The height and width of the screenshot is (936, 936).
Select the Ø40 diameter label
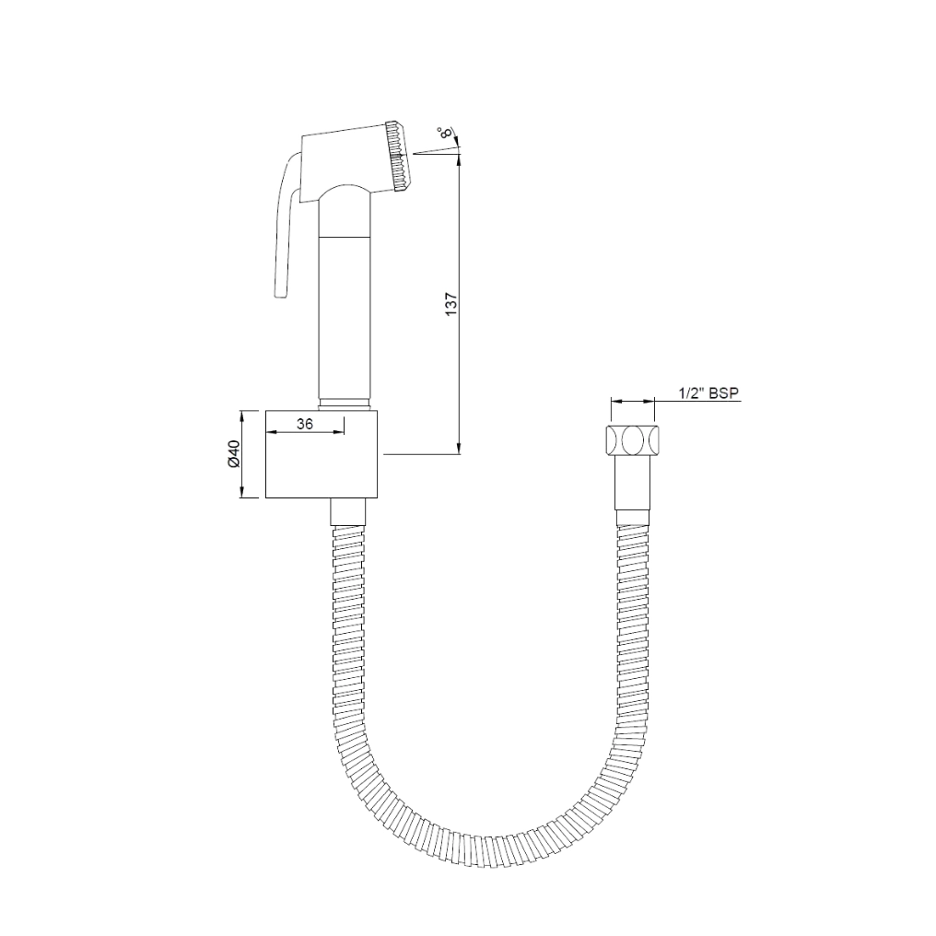point(233,454)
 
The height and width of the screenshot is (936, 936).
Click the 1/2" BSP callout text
point(708,393)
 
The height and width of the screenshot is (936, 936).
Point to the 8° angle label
point(447,134)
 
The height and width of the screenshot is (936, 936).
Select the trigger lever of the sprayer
point(284,230)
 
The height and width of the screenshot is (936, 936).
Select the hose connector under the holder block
point(348,511)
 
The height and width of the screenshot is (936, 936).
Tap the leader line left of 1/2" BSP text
point(665,402)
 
